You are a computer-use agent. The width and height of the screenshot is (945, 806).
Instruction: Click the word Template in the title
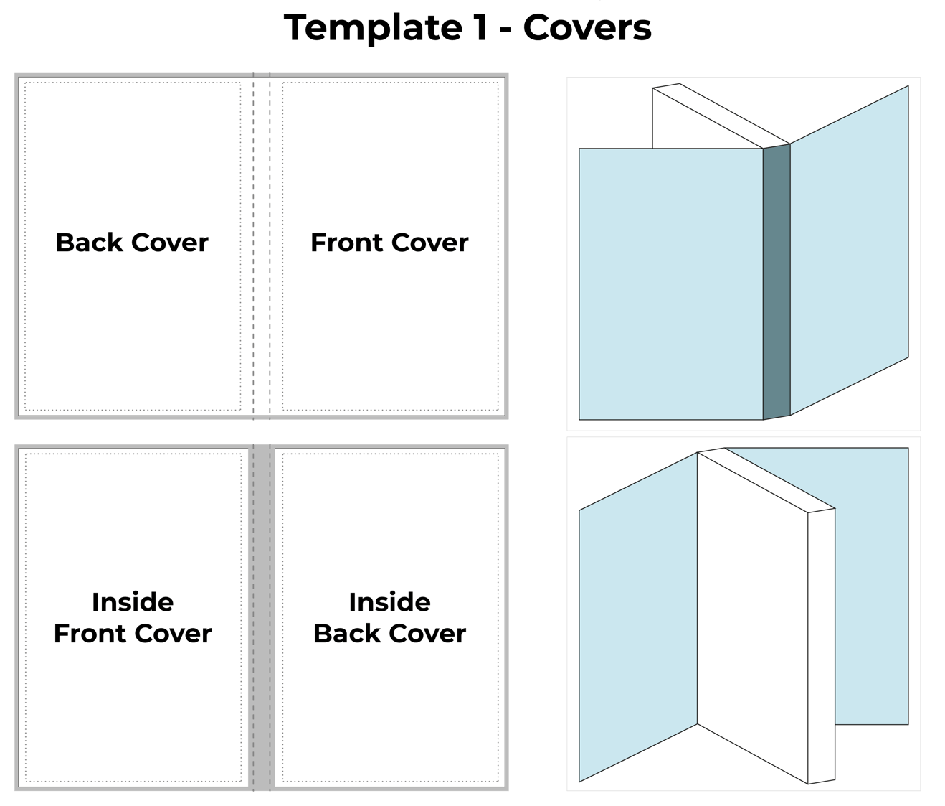click(373, 28)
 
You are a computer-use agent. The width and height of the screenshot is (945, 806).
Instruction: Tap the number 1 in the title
click(480, 28)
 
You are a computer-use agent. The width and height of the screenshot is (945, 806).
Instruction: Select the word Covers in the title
click(587, 28)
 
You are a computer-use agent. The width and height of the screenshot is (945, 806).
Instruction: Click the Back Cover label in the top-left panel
click(132, 243)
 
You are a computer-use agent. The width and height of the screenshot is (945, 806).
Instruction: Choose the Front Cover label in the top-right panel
click(389, 243)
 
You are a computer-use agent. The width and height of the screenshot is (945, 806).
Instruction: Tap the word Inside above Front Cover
click(133, 602)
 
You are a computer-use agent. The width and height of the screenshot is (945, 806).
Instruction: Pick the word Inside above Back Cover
click(389, 602)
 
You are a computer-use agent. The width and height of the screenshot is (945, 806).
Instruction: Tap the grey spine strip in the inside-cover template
click(262, 617)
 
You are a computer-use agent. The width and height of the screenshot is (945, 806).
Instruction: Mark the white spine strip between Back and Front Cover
click(262, 244)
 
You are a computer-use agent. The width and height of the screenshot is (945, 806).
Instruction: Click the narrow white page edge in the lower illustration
click(821, 646)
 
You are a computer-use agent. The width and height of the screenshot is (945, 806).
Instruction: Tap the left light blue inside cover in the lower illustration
click(638, 617)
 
